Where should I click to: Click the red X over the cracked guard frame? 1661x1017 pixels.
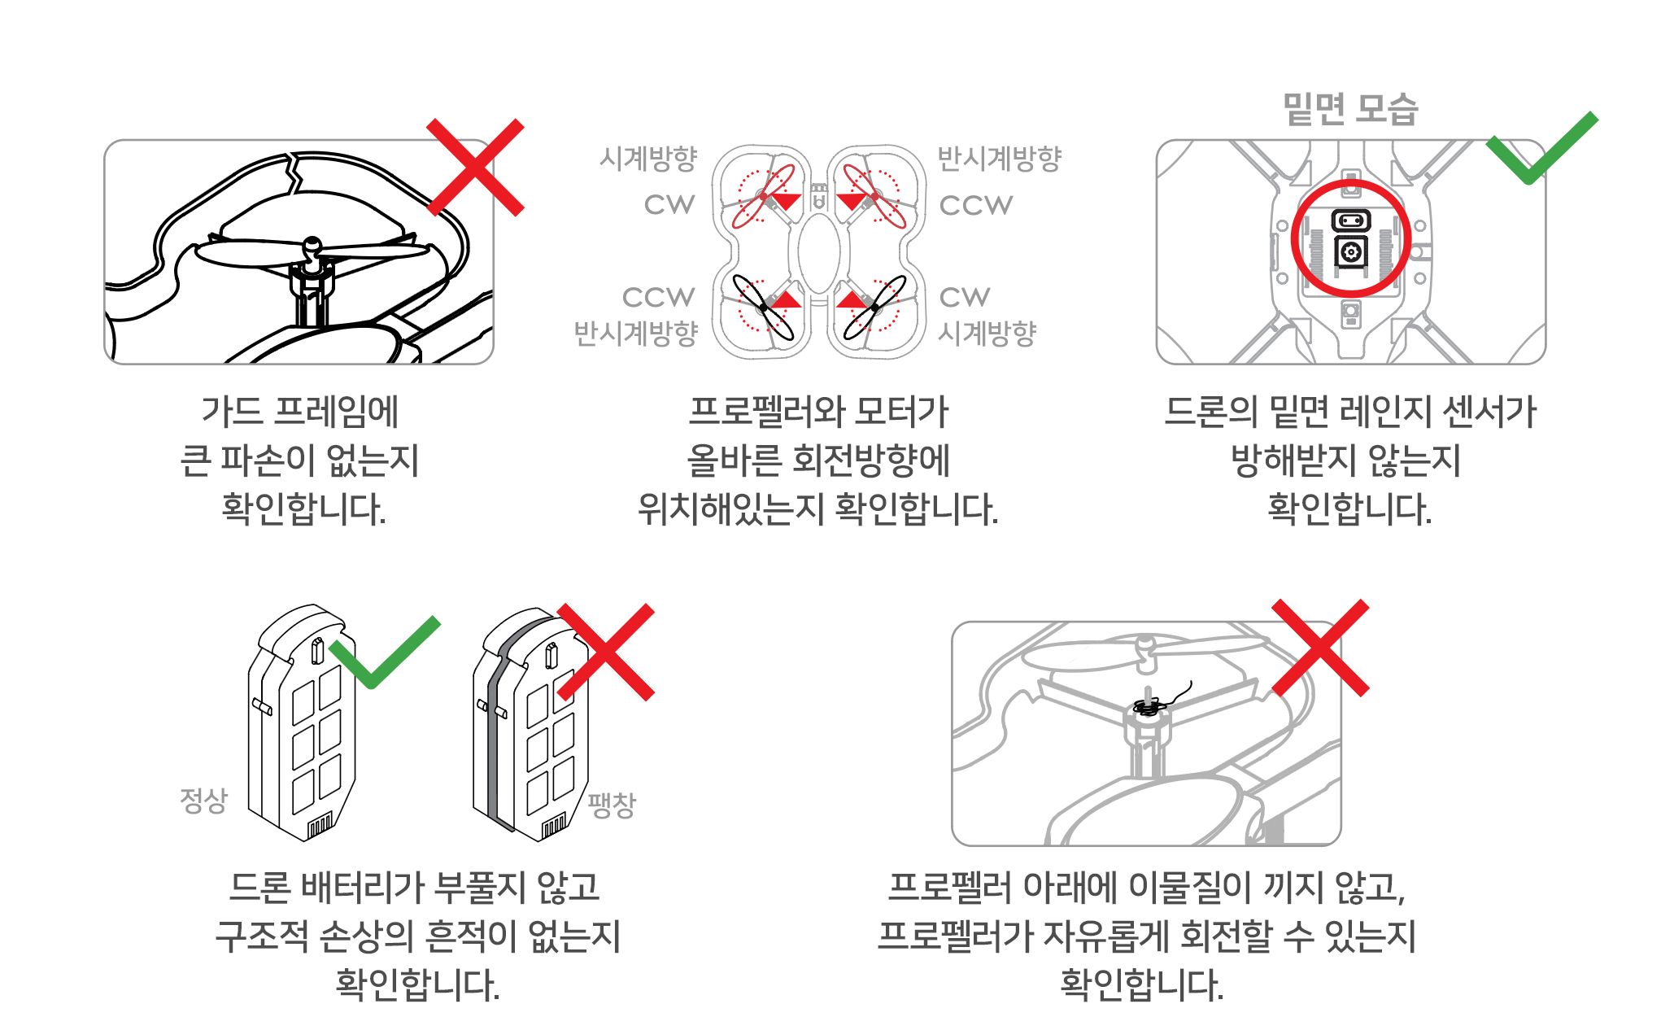[476, 168]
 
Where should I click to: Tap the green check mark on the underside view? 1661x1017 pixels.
[1539, 150]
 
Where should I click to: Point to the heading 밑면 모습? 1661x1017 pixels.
[1350, 109]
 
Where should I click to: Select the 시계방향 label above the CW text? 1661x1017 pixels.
[648, 158]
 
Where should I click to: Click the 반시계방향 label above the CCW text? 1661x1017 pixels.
[1000, 158]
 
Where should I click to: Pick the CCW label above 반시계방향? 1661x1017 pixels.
[658, 297]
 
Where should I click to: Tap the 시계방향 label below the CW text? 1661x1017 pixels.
[987, 332]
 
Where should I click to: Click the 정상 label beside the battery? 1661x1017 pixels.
[203, 801]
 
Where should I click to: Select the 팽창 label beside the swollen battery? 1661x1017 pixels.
[612, 805]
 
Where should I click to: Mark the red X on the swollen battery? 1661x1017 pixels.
[606, 652]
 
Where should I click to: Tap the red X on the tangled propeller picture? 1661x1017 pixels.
[1320, 648]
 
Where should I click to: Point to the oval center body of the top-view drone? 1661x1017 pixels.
[819, 253]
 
